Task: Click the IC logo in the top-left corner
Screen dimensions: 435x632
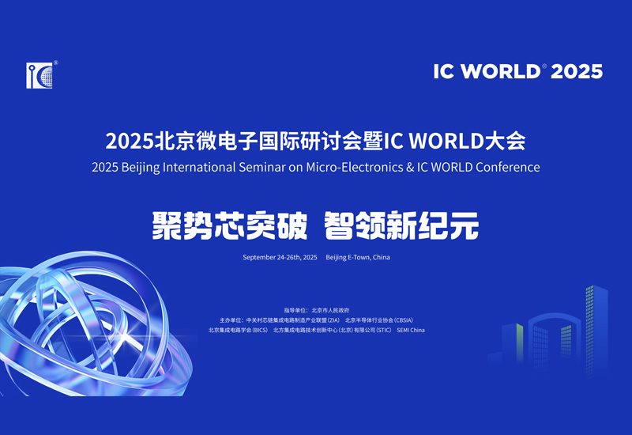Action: tap(39, 74)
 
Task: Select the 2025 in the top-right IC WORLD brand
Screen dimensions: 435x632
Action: tap(576, 71)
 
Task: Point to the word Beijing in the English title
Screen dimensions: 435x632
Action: tap(148, 168)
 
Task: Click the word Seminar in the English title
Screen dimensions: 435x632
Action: tap(269, 168)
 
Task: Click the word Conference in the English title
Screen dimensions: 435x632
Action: tap(506, 168)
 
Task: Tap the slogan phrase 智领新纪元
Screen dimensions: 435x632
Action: tap(402, 226)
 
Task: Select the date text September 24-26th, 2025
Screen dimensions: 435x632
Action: tap(280, 258)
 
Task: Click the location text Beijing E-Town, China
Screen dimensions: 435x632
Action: tap(358, 258)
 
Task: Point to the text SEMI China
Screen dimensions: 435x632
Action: tap(411, 331)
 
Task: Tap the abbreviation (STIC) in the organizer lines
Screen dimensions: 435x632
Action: tap(383, 331)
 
